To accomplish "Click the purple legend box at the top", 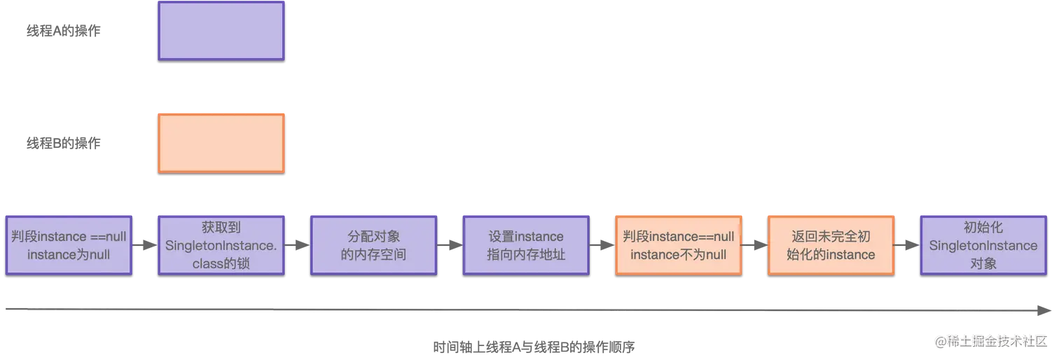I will [x=221, y=31].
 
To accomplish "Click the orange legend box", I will [x=221, y=143].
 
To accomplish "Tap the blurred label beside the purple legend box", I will [x=64, y=31].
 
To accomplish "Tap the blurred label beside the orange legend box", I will [x=64, y=144].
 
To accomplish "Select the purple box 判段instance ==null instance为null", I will [x=69, y=244].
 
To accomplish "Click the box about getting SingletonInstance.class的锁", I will [x=221, y=244].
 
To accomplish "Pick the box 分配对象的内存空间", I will [x=373, y=244].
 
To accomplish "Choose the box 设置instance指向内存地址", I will [x=525, y=244].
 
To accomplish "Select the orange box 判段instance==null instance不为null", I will [x=678, y=244].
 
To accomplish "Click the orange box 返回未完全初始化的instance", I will [x=831, y=244].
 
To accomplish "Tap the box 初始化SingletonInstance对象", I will [x=983, y=244].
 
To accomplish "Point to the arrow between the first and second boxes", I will [x=145, y=245].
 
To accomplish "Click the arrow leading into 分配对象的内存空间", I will [x=298, y=245].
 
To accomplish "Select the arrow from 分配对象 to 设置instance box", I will [x=450, y=245].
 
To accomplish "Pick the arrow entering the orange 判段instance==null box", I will [x=602, y=245].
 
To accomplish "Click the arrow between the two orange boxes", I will [x=754, y=245].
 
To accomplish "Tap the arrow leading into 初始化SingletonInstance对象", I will [x=907, y=245].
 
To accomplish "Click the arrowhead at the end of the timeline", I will [x=1045, y=308].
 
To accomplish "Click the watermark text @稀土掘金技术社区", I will [x=988, y=340].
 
